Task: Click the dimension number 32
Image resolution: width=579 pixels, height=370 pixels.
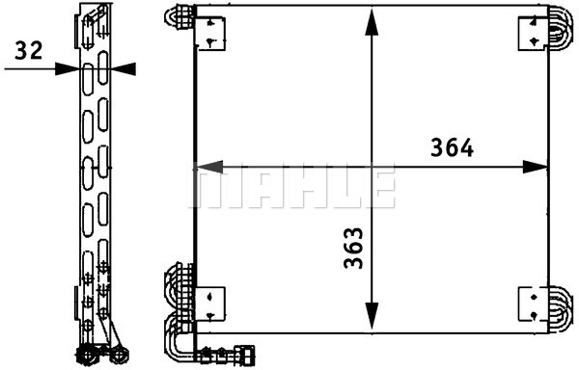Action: tap(29, 50)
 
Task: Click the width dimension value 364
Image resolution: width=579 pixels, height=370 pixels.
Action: tap(452, 147)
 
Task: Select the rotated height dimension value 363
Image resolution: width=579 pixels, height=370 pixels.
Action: tap(353, 249)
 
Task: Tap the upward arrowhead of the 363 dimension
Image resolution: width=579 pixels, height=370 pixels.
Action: tap(372, 22)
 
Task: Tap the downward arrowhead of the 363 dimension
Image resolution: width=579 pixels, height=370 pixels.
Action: tap(372, 316)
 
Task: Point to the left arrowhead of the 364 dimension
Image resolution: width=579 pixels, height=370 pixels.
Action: tap(209, 168)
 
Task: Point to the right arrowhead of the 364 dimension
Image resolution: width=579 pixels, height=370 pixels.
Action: tap(535, 168)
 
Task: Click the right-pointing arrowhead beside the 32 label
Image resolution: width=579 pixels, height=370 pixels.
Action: tap(68, 68)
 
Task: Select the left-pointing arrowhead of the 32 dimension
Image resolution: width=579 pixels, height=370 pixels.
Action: tap(124, 69)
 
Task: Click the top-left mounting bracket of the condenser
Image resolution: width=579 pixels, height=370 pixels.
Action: tap(210, 33)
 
